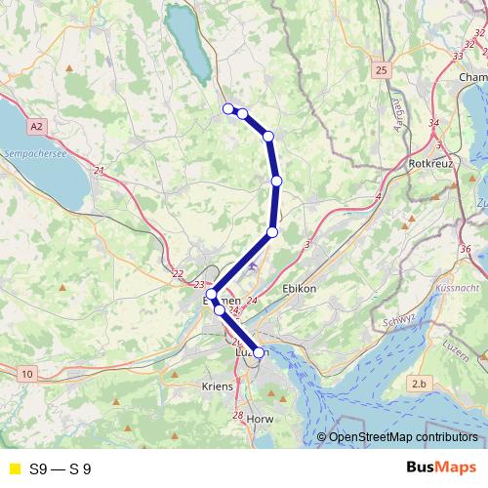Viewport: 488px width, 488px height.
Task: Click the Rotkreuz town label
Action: coord(433,163)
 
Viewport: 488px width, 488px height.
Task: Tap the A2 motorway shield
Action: coord(37,126)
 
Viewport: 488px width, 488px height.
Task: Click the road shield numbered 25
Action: coord(381,70)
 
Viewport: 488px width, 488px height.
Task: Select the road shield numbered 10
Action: coord(27,373)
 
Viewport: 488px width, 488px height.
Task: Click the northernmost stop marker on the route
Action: coord(228,108)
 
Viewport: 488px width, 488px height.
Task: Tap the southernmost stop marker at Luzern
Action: coord(259,352)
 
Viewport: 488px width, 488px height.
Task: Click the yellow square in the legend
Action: coord(14,468)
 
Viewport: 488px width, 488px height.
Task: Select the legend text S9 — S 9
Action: coord(61,468)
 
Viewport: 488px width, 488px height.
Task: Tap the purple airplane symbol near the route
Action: coord(254,264)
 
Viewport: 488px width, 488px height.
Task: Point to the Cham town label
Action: coord(472,77)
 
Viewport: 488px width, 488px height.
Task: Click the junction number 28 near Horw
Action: coord(237,416)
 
